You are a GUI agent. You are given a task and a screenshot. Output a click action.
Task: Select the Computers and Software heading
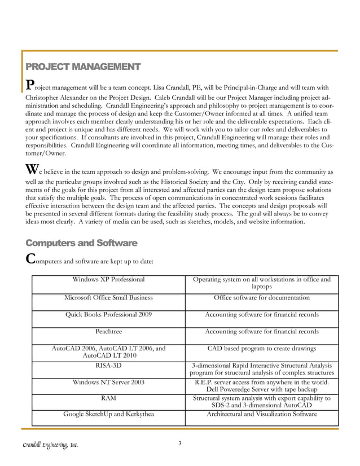coord(81,243)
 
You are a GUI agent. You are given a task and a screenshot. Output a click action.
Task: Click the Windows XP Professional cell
coord(108,279)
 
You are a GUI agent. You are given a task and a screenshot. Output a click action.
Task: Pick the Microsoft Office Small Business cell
coord(108,297)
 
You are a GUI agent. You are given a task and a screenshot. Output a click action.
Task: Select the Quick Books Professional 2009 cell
coord(108,315)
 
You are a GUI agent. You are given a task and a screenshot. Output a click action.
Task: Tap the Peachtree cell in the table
coord(108,332)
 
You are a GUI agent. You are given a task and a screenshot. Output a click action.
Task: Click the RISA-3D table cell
coord(108,366)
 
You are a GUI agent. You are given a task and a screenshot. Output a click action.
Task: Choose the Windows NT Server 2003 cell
coord(108,383)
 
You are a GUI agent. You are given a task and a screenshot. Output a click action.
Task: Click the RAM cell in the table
coord(108,398)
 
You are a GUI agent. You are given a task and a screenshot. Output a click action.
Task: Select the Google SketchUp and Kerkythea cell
coord(108,414)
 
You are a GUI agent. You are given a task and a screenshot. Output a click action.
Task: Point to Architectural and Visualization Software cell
coord(262,414)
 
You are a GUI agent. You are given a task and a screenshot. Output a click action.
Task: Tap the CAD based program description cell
coord(262,349)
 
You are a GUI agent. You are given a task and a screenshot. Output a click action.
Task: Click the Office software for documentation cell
coord(262,297)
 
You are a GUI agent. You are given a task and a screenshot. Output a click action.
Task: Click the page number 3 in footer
coord(179,443)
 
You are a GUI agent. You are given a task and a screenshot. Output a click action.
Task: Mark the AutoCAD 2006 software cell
coord(108,353)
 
